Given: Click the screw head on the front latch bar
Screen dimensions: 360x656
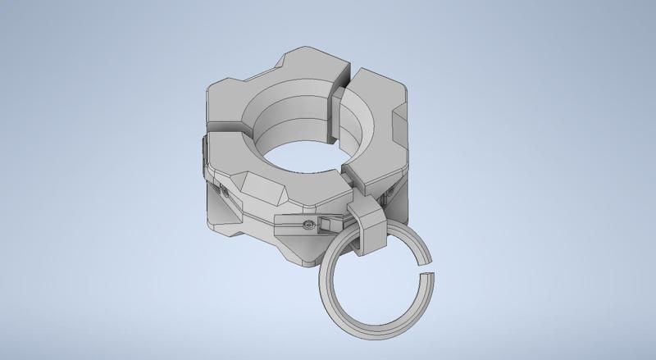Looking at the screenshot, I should coord(307,224).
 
